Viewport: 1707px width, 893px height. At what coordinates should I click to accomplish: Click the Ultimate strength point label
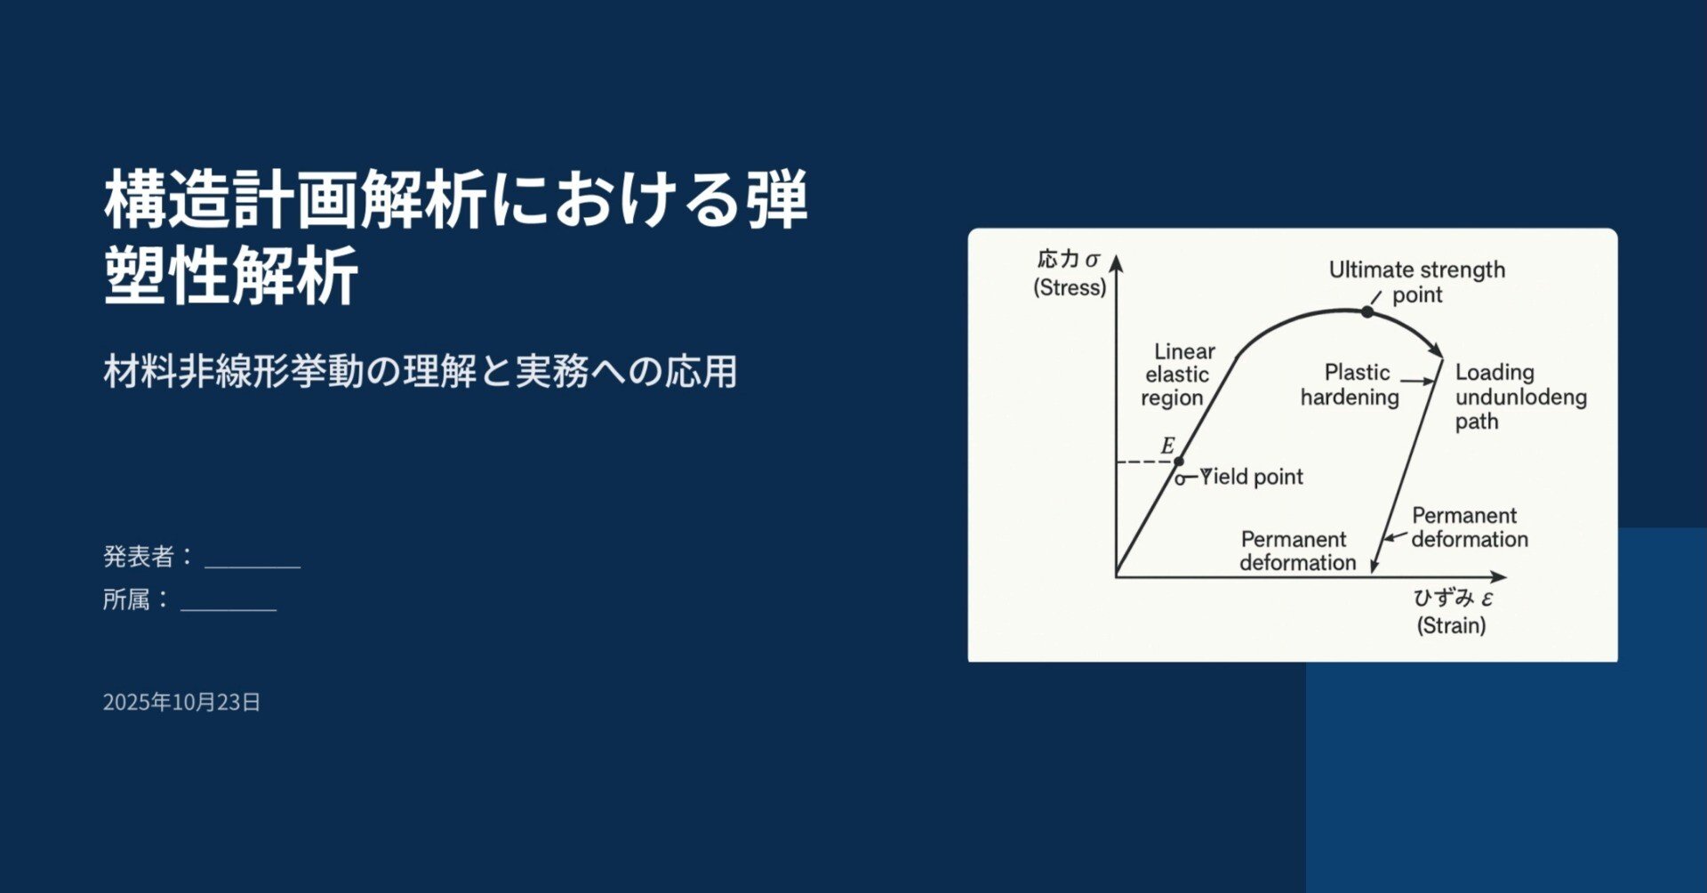(x=1416, y=282)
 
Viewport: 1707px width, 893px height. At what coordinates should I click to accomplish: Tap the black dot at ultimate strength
(x=1367, y=312)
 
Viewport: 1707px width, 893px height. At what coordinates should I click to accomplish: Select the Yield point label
(x=1252, y=477)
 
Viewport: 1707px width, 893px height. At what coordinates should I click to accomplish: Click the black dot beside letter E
(x=1179, y=462)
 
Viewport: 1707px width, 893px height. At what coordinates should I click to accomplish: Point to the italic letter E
(x=1167, y=446)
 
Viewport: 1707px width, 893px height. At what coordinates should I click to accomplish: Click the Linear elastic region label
(x=1178, y=374)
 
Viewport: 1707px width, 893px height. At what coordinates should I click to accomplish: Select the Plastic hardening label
(x=1350, y=384)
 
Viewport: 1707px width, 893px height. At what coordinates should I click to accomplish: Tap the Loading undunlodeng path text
(x=1519, y=397)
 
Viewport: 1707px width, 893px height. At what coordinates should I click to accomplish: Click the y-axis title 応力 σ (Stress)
(x=1070, y=273)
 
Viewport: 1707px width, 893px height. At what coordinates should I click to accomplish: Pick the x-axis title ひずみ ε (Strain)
(x=1453, y=611)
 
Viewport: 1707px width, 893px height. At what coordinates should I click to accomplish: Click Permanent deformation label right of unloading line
(x=1469, y=527)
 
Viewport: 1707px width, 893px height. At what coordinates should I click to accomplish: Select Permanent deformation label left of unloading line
(x=1297, y=551)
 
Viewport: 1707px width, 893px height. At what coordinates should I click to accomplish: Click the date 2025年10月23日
(x=181, y=702)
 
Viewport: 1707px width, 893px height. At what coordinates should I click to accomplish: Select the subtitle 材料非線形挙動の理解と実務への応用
(x=420, y=371)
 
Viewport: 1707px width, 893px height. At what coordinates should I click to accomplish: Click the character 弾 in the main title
(x=778, y=198)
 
